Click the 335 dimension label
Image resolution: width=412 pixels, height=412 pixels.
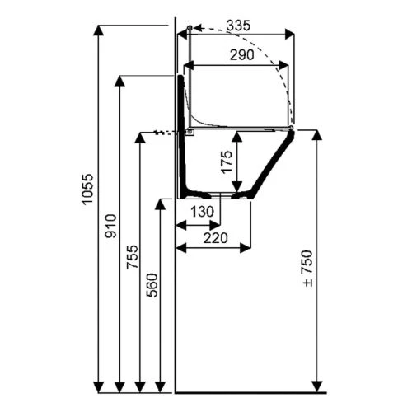(239, 26)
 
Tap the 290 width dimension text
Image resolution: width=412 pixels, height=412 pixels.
(242, 55)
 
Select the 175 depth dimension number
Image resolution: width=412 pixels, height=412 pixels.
(227, 162)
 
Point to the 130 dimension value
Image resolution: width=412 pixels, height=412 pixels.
(202, 212)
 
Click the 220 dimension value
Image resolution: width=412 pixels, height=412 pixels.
(216, 238)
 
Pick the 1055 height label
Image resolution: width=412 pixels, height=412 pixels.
(88, 190)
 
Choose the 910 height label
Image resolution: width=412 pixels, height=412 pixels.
(111, 226)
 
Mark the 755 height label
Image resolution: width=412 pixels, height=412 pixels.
(132, 257)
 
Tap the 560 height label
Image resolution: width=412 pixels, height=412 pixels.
(152, 285)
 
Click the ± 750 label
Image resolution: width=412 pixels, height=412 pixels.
(308, 269)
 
